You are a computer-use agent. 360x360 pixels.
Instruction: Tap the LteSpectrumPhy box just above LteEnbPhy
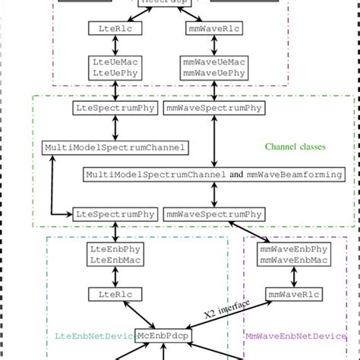click(x=115, y=214)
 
